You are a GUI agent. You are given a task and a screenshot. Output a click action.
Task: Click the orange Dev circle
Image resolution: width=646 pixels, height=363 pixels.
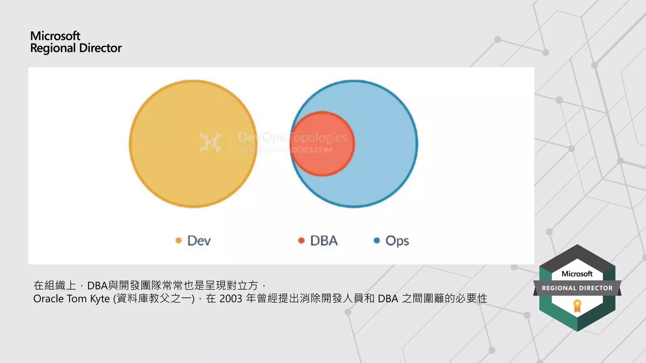pyautogui.click(x=177, y=158)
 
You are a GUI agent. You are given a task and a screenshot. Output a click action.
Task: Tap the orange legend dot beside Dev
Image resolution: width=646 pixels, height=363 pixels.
pyautogui.click(x=179, y=241)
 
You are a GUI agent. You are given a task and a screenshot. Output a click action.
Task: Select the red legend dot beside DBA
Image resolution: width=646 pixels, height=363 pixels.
pyautogui.click(x=301, y=241)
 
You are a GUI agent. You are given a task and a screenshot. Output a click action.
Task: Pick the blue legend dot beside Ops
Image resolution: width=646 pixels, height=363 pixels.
pyautogui.click(x=377, y=241)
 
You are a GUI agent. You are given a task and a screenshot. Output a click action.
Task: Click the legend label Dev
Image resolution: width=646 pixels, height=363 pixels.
pyautogui.click(x=199, y=241)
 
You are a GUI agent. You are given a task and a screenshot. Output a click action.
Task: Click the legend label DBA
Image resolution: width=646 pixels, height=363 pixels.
pyautogui.click(x=324, y=241)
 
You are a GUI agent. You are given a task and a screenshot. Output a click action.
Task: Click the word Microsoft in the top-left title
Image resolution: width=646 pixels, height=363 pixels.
pyautogui.click(x=55, y=36)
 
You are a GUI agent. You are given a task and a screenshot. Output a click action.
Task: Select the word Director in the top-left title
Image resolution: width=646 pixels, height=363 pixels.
pyautogui.click(x=100, y=48)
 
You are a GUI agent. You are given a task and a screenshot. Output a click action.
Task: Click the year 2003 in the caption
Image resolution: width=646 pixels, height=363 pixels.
pyautogui.click(x=231, y=299)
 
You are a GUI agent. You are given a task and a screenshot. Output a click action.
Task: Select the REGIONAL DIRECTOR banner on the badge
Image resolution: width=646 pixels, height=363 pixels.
pyautogui.click(x=577, y=288)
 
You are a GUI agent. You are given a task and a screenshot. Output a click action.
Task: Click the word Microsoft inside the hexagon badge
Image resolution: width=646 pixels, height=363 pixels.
pyautogui.click(x=577, y=274)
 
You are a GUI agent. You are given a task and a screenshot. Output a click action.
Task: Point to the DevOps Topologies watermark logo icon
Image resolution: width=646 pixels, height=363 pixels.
pyautogui.click(x=210, y=142)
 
